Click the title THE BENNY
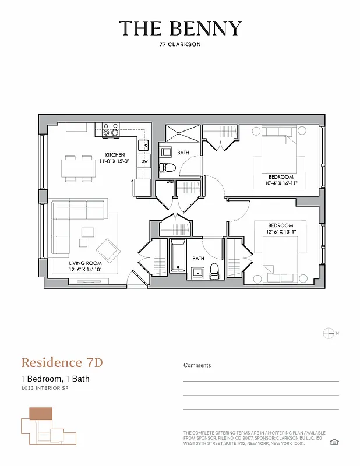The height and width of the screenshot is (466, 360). coord(180,29)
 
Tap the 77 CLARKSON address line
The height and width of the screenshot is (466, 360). coord(180,44)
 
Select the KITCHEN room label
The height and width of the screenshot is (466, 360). coord(115,154)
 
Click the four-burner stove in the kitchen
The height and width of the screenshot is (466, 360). coord(111,129)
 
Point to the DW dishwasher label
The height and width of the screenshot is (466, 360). coord(144,161)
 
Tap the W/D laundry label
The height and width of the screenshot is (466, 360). coord(170,182)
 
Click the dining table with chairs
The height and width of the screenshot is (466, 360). coord(79,167)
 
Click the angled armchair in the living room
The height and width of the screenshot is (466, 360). coord(108,250)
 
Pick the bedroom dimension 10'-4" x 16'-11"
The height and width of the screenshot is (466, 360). coord(281,183)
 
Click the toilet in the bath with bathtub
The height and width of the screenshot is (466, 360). coord(214,269)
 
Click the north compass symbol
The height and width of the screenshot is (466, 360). coord(329,333)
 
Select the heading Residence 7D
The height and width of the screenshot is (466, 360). coord(62,362)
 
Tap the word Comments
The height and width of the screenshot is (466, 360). coord(197,365)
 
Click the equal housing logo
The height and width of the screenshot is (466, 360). coord(333,442)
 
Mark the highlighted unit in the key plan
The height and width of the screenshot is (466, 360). coord(41,414)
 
